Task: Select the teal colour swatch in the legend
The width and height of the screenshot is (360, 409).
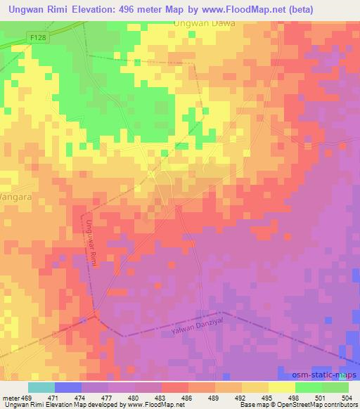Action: [x=41, y=387]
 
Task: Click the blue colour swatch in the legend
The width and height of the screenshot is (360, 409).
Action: [x=67, y=387]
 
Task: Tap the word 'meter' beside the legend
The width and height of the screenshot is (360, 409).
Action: [x=11, y=398]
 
